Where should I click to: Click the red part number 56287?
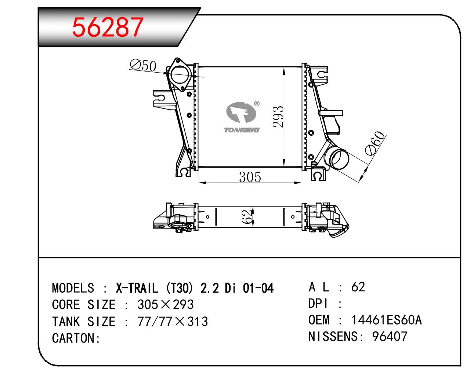108,27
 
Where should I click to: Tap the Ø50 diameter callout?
143,65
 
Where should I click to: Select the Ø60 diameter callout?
375,143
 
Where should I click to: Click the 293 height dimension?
278,117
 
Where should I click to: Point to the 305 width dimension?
250,177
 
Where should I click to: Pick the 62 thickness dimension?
246,216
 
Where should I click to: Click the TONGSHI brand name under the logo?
242,130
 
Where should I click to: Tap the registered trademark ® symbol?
257,103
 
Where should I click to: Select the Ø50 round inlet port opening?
180,75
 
